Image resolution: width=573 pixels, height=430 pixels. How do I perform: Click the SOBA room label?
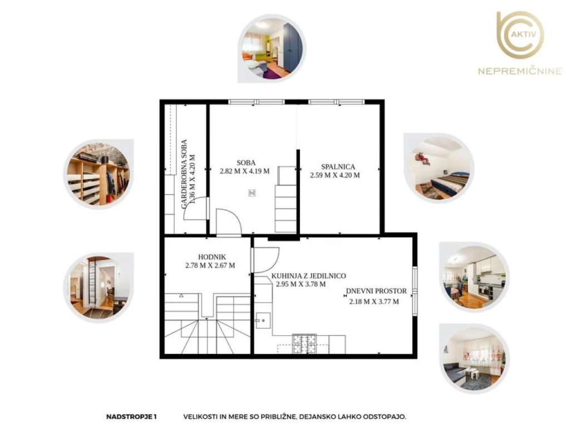pos(246,162)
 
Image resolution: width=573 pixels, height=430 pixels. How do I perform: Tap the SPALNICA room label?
pos(338,166)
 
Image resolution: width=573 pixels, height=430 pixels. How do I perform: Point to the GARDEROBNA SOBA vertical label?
pos(184,174)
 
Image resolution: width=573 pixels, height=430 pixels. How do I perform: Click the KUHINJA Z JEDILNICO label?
pos(308,276)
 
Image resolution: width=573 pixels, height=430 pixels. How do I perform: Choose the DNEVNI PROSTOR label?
pos(376,291)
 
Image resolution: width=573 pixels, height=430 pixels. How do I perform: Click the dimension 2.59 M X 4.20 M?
pos(335,175)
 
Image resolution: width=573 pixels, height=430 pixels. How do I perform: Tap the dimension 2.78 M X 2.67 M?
pos(210,265)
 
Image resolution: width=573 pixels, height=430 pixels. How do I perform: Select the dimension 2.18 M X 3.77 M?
pos(374,302)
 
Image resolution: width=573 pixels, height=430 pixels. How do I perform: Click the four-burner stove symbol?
pos(304,344)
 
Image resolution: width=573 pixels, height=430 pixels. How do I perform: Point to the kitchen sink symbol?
pos(263,320)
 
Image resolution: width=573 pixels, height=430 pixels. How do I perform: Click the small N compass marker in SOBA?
pos(252,193)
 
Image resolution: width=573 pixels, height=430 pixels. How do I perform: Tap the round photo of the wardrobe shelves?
pos(98,174)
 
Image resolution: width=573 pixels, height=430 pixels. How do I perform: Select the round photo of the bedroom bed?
pos(439,168)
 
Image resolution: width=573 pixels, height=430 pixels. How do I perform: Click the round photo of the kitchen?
pos(475,276)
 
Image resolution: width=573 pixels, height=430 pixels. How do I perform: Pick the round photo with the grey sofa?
pos(475,358)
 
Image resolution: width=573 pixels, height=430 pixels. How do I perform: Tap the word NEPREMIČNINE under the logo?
pos(520,71)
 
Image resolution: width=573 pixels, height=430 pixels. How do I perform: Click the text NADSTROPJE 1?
pos(131,417)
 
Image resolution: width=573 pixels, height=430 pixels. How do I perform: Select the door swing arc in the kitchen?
pos(274,263)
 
